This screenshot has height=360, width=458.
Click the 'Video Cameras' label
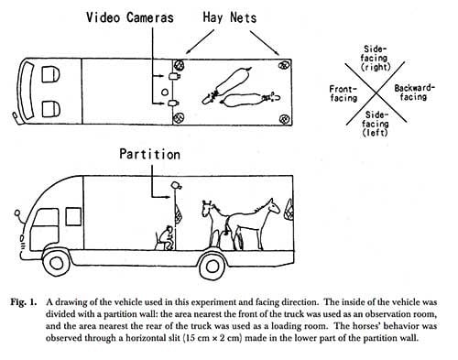click(x=130, y=17)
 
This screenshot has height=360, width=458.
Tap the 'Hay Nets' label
click(x=230, y=17)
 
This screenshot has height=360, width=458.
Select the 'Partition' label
click(x=149, y=154)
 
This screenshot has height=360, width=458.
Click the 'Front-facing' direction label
click(x=343, y=93)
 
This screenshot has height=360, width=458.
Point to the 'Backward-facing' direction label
click(x=414, y=93)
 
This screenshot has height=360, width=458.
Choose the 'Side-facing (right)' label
click(x=376, y=58)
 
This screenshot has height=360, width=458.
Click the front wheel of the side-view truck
click(x=56, y=263)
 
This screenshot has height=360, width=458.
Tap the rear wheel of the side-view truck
click(x=213, y=267)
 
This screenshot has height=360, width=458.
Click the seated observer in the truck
click(x=165, y=238)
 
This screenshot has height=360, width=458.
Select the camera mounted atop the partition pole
click(x=176, y=185)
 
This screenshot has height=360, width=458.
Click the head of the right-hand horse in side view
click(x=273, y=206)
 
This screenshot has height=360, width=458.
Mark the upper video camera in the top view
click(x=174, y=76)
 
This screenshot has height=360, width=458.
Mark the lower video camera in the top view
click(x=174, y=103)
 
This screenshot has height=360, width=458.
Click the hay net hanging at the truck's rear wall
click(x=289, y=210)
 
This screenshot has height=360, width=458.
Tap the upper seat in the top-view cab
click(x=50, y=74)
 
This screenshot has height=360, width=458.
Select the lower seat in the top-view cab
click(x=50, y=109)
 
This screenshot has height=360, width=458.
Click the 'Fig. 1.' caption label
click(x=24, y=302)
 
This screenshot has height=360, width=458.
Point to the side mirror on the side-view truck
click(x=17, y=213)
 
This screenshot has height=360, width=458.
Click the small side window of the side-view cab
click(x=73, y=216)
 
